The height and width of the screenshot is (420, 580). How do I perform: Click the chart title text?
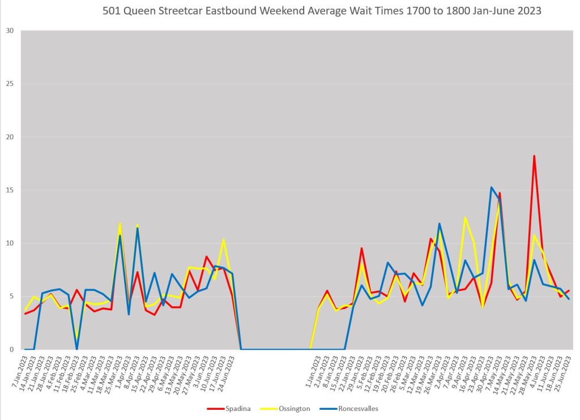click(322, 11)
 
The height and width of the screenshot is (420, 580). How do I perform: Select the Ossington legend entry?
click(291, 408)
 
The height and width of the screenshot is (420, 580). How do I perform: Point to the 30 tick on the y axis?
click(10, 31)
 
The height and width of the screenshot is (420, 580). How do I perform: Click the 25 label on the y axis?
click(10, 84)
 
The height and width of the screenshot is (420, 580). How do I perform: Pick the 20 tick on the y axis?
click(10, 137)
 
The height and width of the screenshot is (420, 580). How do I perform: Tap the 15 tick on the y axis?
click(10, 190)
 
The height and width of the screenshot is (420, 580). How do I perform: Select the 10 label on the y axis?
click(10, 243)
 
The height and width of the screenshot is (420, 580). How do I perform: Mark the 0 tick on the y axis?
click(11, 350)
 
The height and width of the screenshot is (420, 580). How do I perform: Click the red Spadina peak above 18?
click(534, 156)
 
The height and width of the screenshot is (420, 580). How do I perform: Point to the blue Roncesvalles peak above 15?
click(491, 187)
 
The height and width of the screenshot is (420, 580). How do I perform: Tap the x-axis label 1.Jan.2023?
click(311, 368)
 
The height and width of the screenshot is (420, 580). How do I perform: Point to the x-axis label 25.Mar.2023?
click(113, 368)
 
